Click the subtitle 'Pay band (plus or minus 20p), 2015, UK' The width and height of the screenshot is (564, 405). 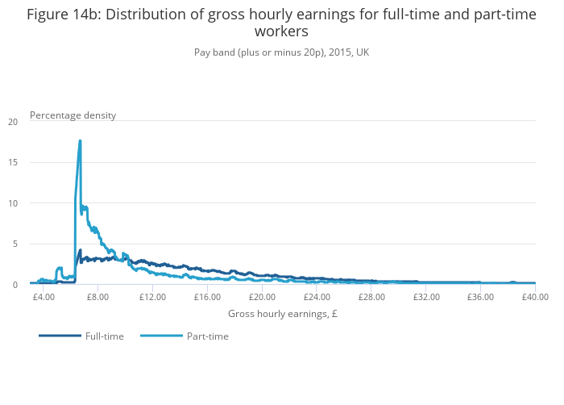tap(281, 52)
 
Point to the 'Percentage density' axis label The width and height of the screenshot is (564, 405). tap(73, 115)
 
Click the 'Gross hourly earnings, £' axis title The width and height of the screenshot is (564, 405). tap(282, 314)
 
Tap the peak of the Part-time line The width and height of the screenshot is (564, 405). tap(81, 141)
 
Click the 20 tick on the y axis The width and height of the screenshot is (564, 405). tap(12, 122)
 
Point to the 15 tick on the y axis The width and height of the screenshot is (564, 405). tap(12, 162)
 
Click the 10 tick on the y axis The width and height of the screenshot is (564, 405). tap(12, 203)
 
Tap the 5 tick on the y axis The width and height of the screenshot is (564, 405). tap(15, 244)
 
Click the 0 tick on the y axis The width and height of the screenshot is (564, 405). tap(15, 285)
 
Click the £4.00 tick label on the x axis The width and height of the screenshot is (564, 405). tap(44, 297)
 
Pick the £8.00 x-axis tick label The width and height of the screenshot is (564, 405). tap(97, 297)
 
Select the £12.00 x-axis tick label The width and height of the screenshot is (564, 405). tap(152, 297)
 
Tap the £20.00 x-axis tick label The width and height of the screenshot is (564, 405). tap(262, 297)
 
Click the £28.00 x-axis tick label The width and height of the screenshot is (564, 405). tap(371, 297)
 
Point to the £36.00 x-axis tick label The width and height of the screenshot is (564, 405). tap(480, 297)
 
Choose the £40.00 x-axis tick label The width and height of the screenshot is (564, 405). tap(534, 297)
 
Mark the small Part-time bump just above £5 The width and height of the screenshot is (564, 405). tap(60, 268)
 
